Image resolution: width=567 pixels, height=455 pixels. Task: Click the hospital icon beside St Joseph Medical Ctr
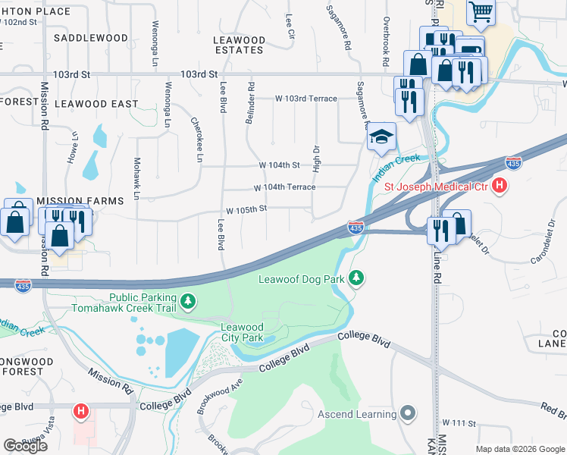pos(499,184)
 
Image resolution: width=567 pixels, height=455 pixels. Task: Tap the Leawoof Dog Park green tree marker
pos(356,279)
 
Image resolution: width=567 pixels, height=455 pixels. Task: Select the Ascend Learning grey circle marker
pos(409,413)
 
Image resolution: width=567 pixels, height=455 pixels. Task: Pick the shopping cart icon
pos(481,13)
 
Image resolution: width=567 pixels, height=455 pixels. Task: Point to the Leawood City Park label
pos(242,332)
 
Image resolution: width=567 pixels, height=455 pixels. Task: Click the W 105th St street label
pos(246,209)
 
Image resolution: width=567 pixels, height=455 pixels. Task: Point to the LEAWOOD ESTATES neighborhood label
pos(240,45)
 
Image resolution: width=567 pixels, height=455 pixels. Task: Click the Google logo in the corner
pos(26,446)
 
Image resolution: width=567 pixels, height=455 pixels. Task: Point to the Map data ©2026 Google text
pos(519,449)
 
